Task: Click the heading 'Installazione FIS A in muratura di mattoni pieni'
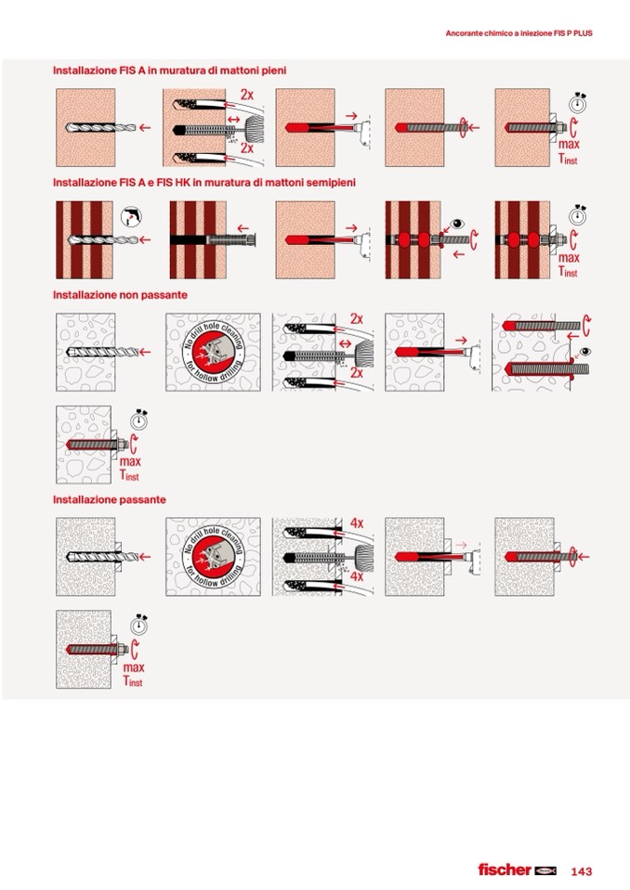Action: coord(169,71)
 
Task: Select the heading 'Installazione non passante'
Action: coord(120,294)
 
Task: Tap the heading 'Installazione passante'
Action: coord(110,499)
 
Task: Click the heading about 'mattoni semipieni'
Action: coord(203,182)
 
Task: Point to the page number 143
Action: coord(581,871)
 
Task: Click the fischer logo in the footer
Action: coord(517,870)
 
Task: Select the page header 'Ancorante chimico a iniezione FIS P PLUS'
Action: coord(518,33)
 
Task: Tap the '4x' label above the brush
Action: coord(357,522)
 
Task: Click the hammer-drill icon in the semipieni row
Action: coord(131,216)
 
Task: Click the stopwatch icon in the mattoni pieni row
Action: coord(578,103)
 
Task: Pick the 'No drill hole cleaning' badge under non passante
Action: coord(213,352)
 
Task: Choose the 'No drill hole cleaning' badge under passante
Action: coord(213,556)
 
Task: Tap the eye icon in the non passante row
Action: coord(584,352)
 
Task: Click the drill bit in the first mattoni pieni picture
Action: coord(100,128)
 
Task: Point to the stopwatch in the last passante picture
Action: coord(139,625)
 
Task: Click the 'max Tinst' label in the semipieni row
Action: coord(568,264)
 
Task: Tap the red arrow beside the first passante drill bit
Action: coord(145,557)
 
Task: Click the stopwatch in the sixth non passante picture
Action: coord(139,419)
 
